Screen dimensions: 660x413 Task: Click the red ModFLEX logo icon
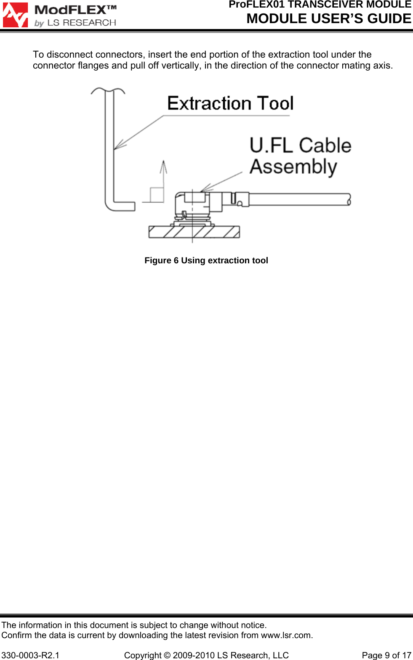(16, 15)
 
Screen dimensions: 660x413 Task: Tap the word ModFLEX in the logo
(70, 10)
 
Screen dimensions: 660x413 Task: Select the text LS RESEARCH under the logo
(81, 23)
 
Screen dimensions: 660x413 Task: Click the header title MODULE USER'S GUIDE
(329, 19)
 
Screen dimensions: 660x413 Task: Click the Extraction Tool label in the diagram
(230, 103)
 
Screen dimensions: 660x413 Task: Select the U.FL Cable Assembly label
(300, 156)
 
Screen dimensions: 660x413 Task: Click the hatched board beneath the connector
(194, 232)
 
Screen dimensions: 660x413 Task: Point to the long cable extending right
(299, 199)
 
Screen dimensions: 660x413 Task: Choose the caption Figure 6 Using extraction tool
(206, 260)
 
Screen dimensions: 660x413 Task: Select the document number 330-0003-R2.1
(30, 655)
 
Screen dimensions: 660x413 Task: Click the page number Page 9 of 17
(386, 655)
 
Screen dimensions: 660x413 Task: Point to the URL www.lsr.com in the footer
(286, 635)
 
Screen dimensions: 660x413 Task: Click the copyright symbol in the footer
(167, 655)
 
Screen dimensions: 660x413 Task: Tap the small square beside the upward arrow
(157, 195)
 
